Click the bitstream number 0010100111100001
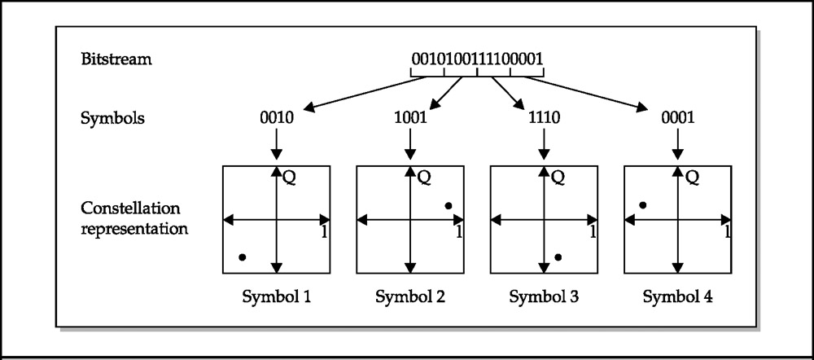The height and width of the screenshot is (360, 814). pyautogui.click(x=478, y=59)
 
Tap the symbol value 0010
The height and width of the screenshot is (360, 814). pyautogui.click(x=276, y=117)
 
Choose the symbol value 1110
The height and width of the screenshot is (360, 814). pyautogui.click(x=544, y=117)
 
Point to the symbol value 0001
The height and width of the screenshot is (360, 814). pyautogui.click(x=677, y=117)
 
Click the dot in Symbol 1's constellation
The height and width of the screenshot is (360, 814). pyautogui.click(x=242, y=257)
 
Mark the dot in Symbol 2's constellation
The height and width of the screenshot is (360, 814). pyautogui.click(x=448, y=205)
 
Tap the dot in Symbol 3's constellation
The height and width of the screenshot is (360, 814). pyautogui.click(x=558, y=257)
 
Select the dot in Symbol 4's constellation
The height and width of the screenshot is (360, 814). pyautogui.click(x=643, y=205)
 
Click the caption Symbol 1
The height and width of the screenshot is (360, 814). pyautogui.click(x=276, y=297)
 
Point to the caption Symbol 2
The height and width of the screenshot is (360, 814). pyautogui.click(x=410, y=297)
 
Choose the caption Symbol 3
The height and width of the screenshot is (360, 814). pyautogui.click(x=544, y=297)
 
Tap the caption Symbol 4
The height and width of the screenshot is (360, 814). pyautogui.click(x=677, y=297)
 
